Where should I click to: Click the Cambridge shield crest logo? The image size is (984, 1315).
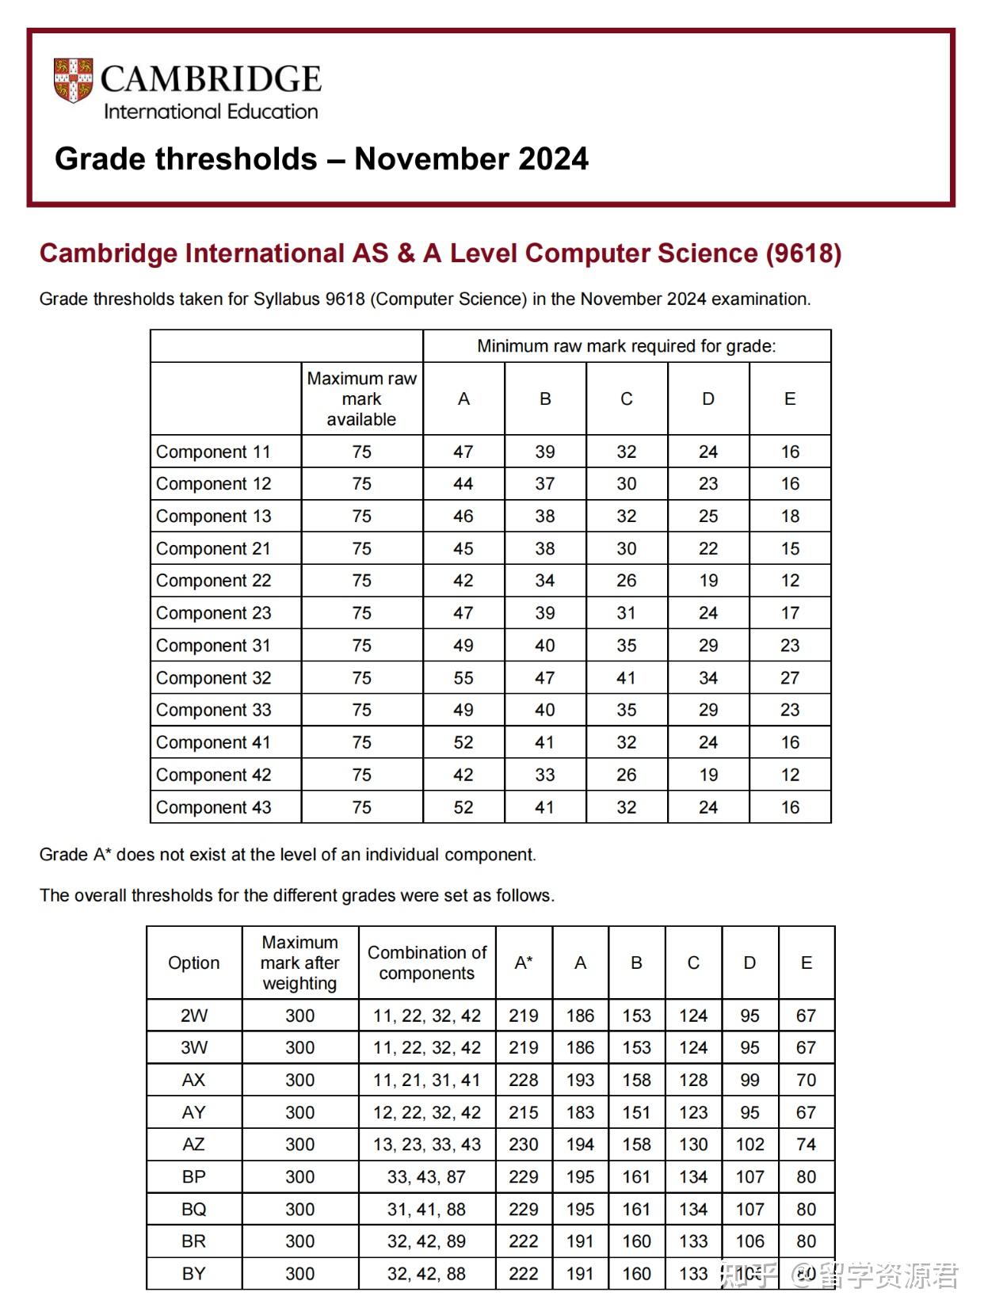(x=74, y=80)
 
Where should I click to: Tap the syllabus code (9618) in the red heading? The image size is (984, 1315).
(x=803, y=253)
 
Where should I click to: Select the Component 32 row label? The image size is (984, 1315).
(x=213, y=678)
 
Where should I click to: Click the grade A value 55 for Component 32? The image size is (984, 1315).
(x=463, y=678)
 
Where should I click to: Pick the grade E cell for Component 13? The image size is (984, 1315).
(x=790, y=516)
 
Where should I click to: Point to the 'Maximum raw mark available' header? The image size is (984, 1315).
(x=361, y=398)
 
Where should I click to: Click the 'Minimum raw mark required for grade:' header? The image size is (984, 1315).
(x=626, y=346)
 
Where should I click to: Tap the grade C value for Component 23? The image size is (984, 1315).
(x=626, y=613)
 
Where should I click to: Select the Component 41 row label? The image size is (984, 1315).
(x=213, y=743)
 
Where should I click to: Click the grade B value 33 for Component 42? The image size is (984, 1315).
(x=545, y=776)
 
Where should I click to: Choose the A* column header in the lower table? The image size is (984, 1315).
(x=524, y=962)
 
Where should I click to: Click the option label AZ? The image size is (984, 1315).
(x=193, y=1145)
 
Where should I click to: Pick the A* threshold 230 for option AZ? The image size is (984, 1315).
(x=524, y=1145)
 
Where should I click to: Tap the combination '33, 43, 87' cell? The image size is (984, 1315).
(x=426, y=1177)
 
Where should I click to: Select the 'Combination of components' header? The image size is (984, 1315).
(x=426, y=962)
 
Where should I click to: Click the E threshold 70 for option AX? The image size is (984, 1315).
(x=806, y=1081)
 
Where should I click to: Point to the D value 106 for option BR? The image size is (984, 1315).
(x=749, y=1242)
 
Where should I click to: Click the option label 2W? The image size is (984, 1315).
(x=193, y=1016)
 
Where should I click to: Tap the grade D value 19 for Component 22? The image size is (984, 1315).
(x=708, y=581)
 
